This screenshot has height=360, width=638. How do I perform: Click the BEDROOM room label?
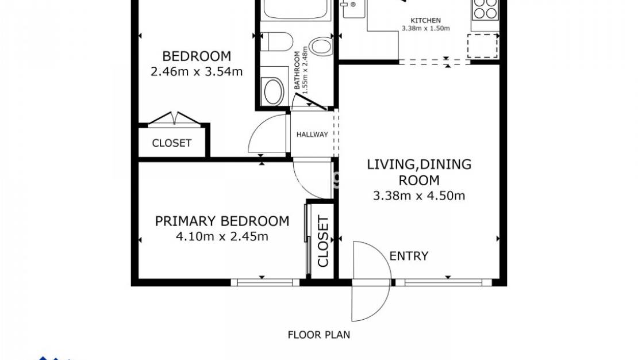[197, 56]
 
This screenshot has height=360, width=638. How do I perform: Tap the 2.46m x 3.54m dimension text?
[197, 72]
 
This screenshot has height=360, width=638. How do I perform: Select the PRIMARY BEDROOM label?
[222, 221]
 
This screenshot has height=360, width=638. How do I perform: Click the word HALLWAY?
[312, 135]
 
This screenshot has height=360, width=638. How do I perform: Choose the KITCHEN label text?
[426, 20]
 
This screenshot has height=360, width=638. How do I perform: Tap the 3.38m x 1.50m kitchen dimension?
[426, 28]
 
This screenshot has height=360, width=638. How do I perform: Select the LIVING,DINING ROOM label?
[419, 172]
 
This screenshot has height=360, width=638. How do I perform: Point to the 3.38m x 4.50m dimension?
[419, 196]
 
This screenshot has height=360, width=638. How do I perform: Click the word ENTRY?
[409, 256]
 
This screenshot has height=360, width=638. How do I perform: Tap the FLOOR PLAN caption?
[318, 334]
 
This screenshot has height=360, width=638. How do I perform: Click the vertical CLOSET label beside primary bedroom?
[323, 242]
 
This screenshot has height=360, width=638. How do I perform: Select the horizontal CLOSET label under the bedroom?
[171, 143]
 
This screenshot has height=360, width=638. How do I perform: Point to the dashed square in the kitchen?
[482, 45]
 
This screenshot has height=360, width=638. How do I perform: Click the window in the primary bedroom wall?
[265, 282]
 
